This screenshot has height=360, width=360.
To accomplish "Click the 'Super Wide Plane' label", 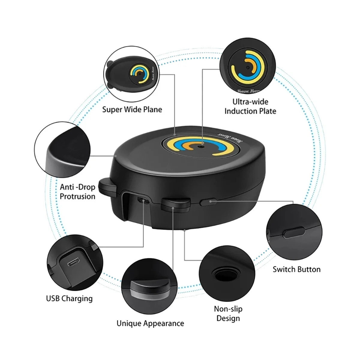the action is (x=132, y=109).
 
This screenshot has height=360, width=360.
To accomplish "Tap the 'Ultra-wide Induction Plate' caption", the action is (x=250, y=106).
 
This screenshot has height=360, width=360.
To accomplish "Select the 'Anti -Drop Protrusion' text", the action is (x=77, y=192).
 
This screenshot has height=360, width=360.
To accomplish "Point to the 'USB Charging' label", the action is (x=69, y=298).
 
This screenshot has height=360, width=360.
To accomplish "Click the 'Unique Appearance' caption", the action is (x=150, y=323).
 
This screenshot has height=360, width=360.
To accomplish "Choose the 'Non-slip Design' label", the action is (x=228, y=313).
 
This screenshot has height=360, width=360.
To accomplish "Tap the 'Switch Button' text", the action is (x=296, y=269).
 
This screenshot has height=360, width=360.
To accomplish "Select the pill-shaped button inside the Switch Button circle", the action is (x=294, y=232).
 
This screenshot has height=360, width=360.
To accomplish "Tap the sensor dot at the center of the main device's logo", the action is (x=201, y=146).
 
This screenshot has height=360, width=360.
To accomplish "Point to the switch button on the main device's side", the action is (x=208, y=202).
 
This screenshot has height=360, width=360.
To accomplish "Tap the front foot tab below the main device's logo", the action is (x=175, y=205).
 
